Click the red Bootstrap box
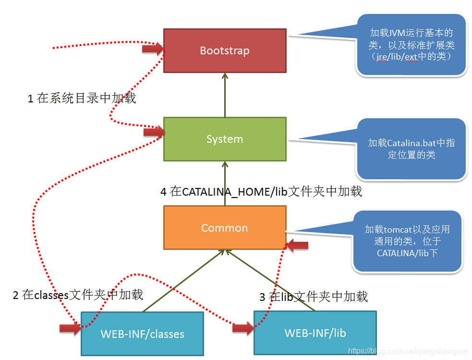pyautogui.click(x=224, y=50)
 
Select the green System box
pyautogui.click(x=224, y=139)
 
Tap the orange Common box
pyautogui.click(x=224, y=227)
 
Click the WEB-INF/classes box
pyautogui.click(x=142, y=334)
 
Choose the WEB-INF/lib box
pyautogui.click(x=315, y=333)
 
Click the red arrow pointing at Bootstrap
pyautogui.click(x=153, y=48)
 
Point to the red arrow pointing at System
pyautogui.click(x=154, y=132)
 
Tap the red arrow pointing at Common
pyautogui.click(x=297, y=246)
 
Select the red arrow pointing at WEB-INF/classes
pyautogui.click(x=70, y=328)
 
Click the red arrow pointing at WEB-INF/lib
pyautogui.click(x=242, y=328)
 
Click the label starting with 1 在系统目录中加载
pyautogui.click(x=82, y=99)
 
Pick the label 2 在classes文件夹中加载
pyautogui.click(x=78, y=295)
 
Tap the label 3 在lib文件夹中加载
pyautogui.click(x=314, y=297)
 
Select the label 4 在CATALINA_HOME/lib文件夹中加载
pyautogui.click(x=261, y=192)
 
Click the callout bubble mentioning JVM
pyautogui.click(x=411, y=45)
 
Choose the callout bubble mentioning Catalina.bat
pyautogui.click(x=411, y=149)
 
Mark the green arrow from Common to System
pyautogui.click(x=224, y=183)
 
